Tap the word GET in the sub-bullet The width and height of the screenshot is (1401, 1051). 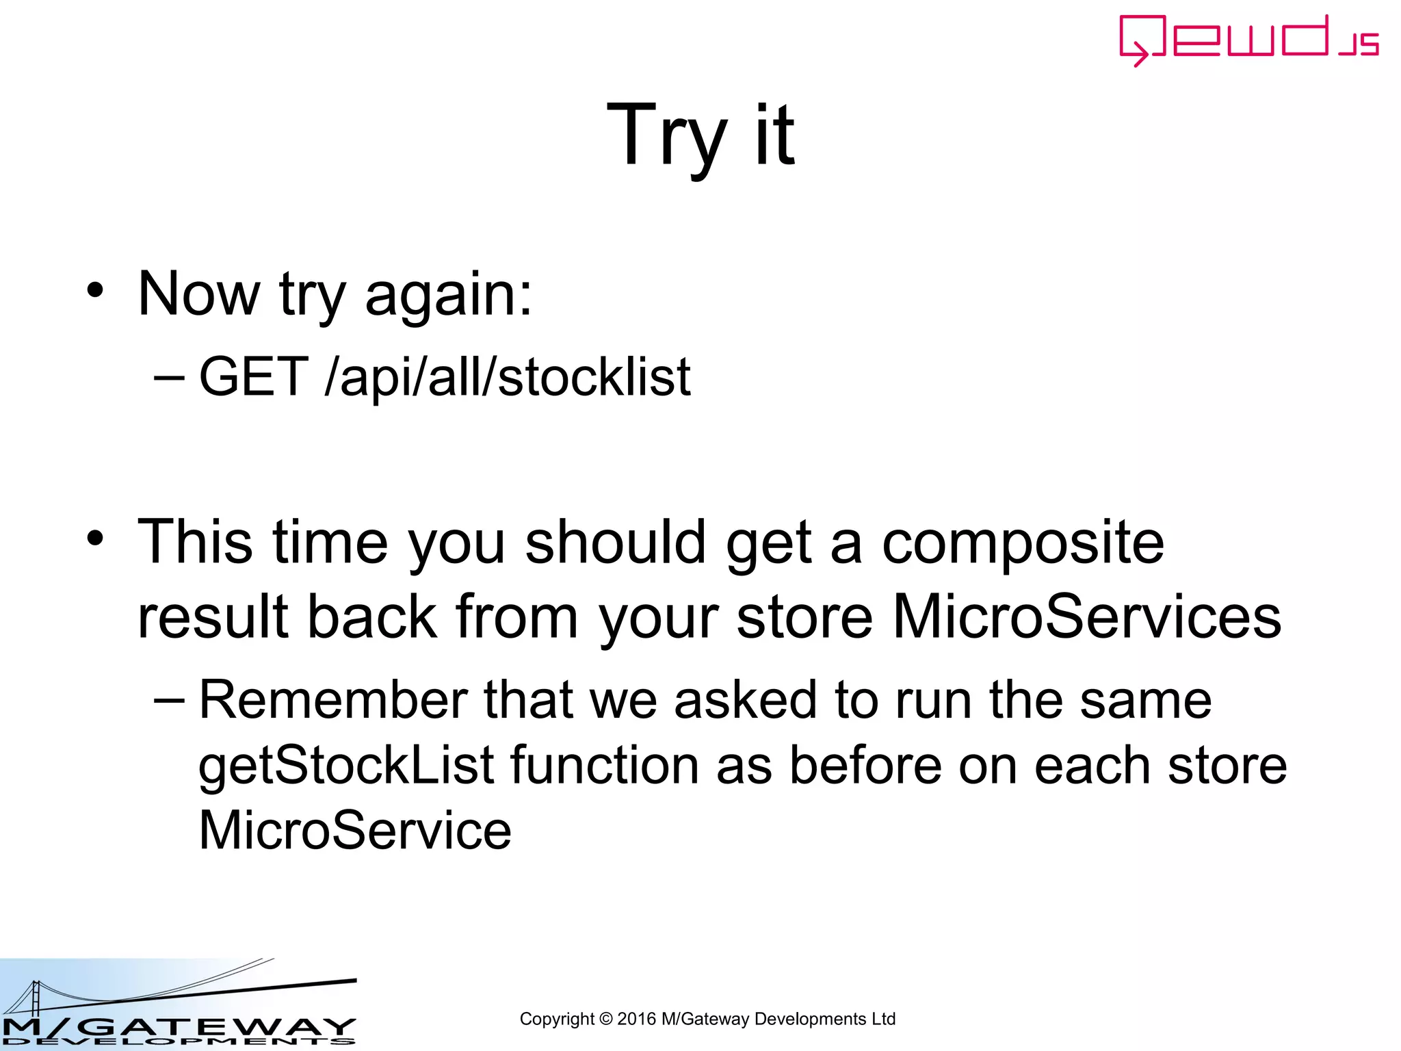pyautogui.click(x=253, y=376)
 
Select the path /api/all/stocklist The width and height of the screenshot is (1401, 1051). pyautogui.click(x=508, y=378)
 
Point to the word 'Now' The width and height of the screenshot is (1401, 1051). pyautogui.click(x=198, y=294)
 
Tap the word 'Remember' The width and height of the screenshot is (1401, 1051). pyautogui.click(x=333, y=700)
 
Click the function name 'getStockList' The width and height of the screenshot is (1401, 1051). pyautogui.click(x=346, y=766)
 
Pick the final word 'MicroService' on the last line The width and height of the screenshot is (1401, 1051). pyautogui.click(x=355, y=831)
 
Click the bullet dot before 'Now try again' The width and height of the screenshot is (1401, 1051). pyautogui.click(x=95, y=290)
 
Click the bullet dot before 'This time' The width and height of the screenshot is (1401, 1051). pyautogui.click(x=95, y=539)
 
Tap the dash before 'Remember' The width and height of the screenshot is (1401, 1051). pyautogui.click(x=169, y=701)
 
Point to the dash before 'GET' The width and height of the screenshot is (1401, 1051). pyautogui.click(x=169, y=377)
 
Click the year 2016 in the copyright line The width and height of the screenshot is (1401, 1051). pyautogui.click(x=636, y=1019)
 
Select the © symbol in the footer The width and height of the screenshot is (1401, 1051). pyautogui.click(x=605, y=1019)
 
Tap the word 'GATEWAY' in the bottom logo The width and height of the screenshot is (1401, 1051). pyautogui.click(x=219, y=1027)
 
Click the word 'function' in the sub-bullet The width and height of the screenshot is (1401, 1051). pyautogui.click(x=605, y=766)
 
